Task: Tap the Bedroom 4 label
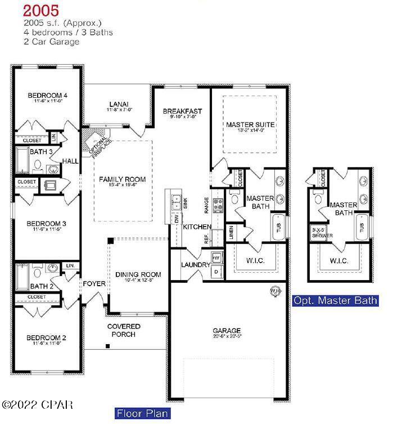48,96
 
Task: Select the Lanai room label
118,104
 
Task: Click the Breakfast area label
182,111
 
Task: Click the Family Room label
122,179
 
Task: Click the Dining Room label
138,274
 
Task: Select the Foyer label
94,283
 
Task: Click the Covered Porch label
124,330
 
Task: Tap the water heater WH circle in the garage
275,291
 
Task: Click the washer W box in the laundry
218,258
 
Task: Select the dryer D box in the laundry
218,272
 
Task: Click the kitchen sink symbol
175,198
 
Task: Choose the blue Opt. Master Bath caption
335,301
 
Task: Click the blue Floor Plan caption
142,414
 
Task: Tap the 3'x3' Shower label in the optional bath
322,233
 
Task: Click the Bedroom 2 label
47,338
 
